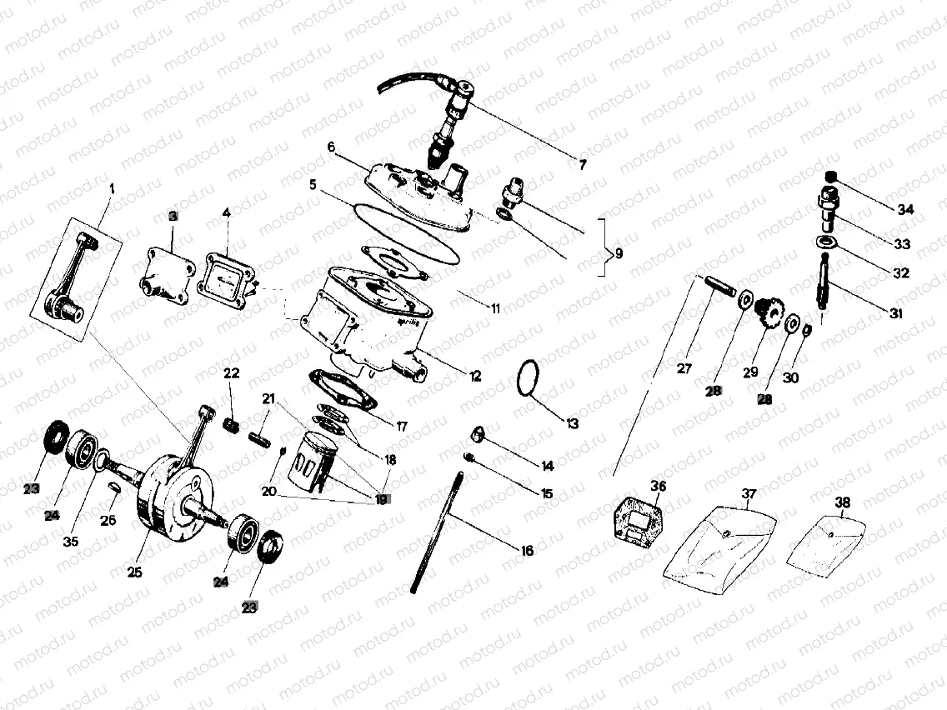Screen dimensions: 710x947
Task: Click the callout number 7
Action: point(581,165)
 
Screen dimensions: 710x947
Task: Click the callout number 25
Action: point(135,572)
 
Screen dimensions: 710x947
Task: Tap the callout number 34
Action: point(906,209)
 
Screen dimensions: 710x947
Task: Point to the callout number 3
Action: point(173,216)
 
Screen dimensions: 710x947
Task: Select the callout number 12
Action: point(475,377)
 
